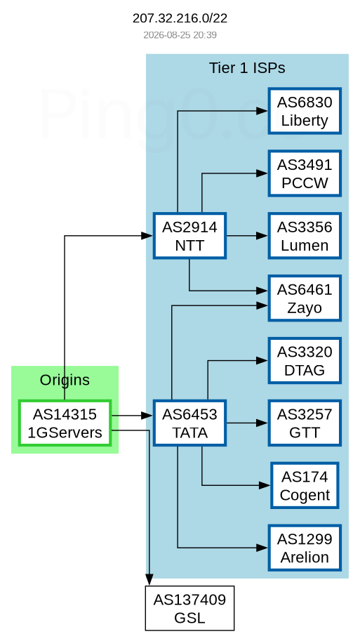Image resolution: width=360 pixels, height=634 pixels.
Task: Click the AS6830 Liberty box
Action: [305, 111]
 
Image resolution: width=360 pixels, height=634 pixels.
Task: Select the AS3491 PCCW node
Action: [305, 173]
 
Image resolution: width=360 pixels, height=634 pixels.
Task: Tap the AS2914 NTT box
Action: [189, 236]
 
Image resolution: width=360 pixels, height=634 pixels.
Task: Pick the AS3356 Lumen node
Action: [305, 236]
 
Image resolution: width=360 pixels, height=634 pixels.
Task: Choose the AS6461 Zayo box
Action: [305, 298]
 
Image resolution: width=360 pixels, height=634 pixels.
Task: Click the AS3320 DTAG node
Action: [305, 361]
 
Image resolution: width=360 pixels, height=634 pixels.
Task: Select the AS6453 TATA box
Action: [189, 423]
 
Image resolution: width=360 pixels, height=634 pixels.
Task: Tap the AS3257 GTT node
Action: [305, 423]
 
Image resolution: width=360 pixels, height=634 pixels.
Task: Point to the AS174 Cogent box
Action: [305, 486]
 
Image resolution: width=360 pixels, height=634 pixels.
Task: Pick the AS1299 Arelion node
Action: [305, 548]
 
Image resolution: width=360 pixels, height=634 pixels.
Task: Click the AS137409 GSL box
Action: [189, 608]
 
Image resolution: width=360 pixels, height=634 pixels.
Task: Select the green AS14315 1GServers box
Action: [65, 423]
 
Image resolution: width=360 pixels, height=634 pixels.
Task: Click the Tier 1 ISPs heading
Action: [247, 68]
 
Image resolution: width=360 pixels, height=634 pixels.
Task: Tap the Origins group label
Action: [65, 380]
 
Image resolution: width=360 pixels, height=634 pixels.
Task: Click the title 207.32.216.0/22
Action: [180, 18]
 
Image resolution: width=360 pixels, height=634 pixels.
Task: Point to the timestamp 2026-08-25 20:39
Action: [180, 35]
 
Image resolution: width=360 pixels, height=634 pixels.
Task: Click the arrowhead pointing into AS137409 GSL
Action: [149, 580]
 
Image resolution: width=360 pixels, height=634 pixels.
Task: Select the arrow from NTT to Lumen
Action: [247, 236]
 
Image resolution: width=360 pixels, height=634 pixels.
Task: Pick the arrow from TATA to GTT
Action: [247, 423]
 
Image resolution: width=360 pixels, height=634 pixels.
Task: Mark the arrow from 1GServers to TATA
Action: [132, 415]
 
